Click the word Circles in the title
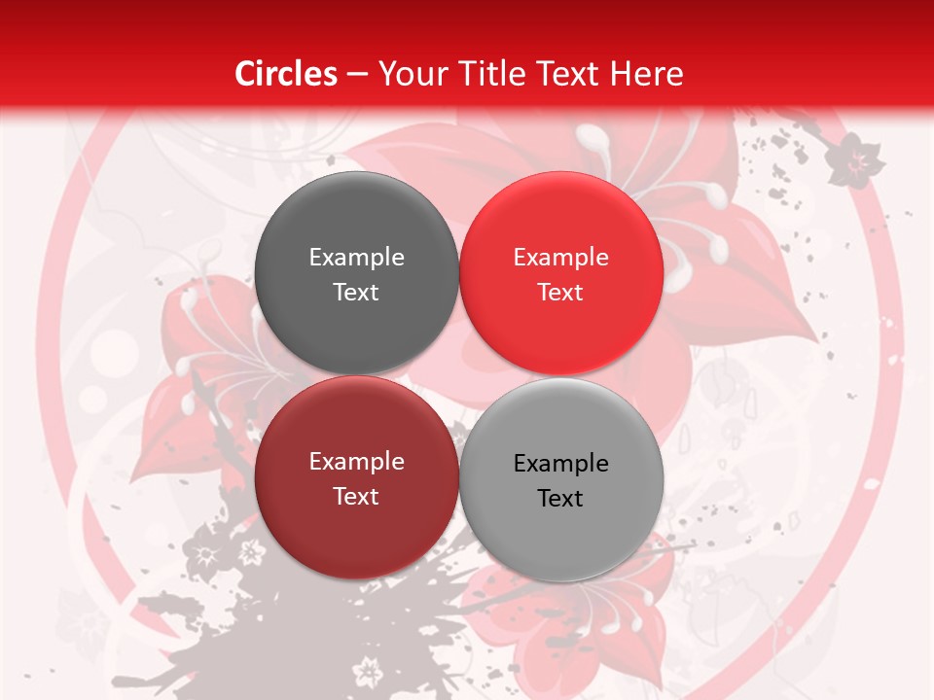[x=285, y=74]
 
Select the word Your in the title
[x=409, y=74]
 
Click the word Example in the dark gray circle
[x=356, y=258]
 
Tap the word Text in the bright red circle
[x=560, y=293]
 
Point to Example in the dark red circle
[x=356, y=462]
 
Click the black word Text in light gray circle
[x=560, y=499]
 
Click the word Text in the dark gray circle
[x=356, y=293]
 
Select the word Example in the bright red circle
[x=560, y=258]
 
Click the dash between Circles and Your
[x=357, y=75]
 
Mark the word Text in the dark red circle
[x=356, y=497]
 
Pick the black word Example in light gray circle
[x=560, y=464]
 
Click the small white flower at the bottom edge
[x=368, y=670]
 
